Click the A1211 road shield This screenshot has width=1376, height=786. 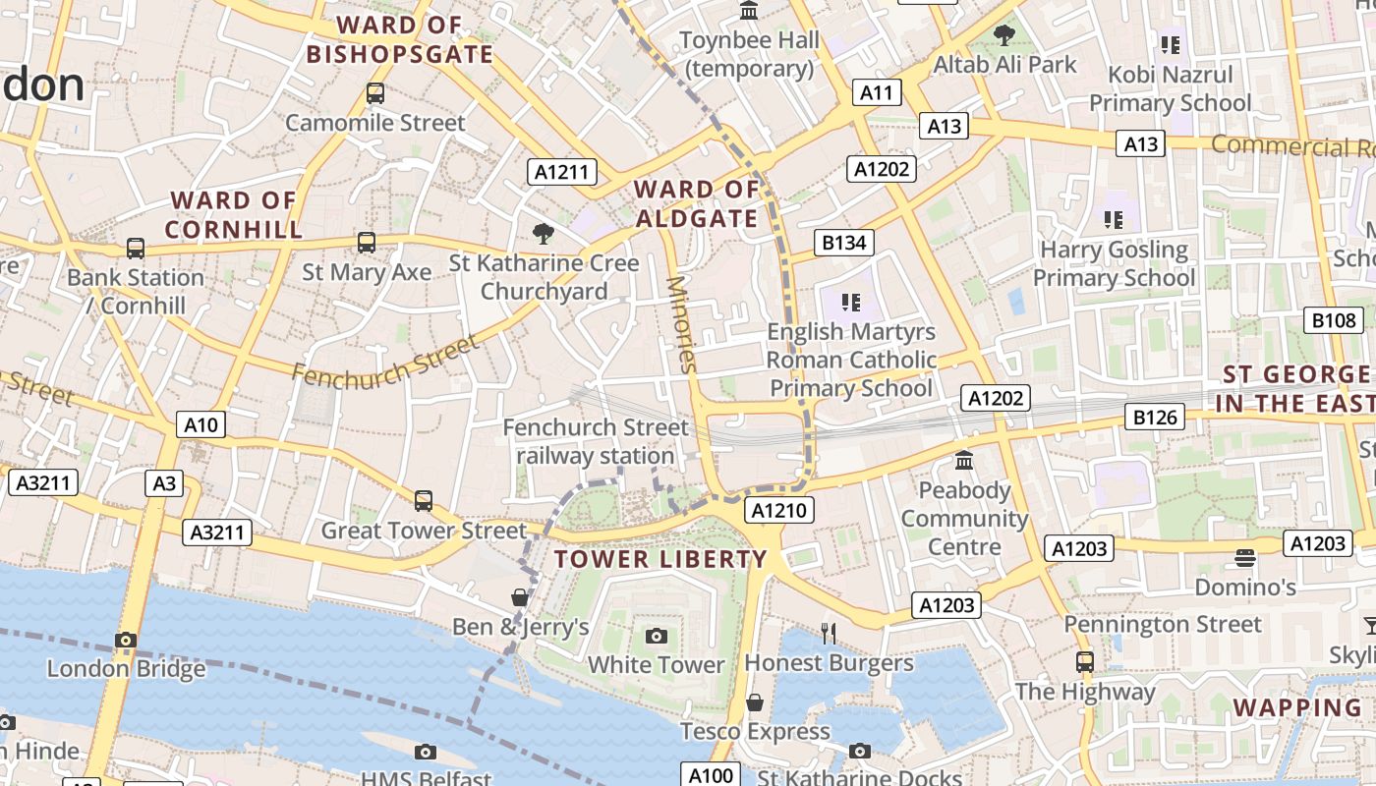tap(561, 172)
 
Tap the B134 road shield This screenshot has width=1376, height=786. tap(843, 242)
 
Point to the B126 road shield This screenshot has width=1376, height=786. tap(1155, 417)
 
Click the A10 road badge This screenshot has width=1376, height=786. tap(201, 424)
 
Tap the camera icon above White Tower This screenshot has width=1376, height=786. tap(657, 636)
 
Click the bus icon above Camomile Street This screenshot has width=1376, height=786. tap(374, 93)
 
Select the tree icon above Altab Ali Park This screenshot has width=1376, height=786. tap(1003, 36)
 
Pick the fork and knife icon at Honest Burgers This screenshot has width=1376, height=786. tap(829, 634)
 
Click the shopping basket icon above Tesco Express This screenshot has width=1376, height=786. tap(755, 702)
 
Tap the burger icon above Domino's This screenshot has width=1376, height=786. tap(1244, 558)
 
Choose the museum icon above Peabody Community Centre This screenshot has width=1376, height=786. tap(964, 460)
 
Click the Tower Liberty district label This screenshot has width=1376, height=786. tap(659, 559)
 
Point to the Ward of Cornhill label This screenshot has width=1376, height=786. tap(233, 215)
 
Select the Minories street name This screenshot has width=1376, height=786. tap(680, 324)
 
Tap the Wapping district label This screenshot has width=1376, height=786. tap(1297, 707)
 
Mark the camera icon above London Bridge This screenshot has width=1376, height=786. tap(125, 640)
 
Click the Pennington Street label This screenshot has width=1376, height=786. tap(1163, 624)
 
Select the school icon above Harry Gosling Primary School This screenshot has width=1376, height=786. tap(1113, 219)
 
